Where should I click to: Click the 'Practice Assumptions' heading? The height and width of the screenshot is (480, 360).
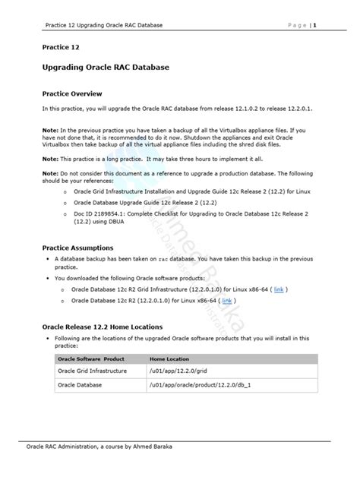click(77, 248)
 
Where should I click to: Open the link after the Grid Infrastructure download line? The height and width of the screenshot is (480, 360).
click(279, 290)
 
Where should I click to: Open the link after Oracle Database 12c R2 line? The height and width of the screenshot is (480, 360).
click(248, 302)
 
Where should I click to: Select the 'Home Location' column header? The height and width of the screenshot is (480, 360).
click(169, 358)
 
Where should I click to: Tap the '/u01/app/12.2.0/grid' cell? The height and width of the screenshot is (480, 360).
click(179, 371)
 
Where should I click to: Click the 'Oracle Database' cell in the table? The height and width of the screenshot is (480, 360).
click(79, 385)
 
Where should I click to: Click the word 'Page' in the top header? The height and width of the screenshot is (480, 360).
click(297, 25)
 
